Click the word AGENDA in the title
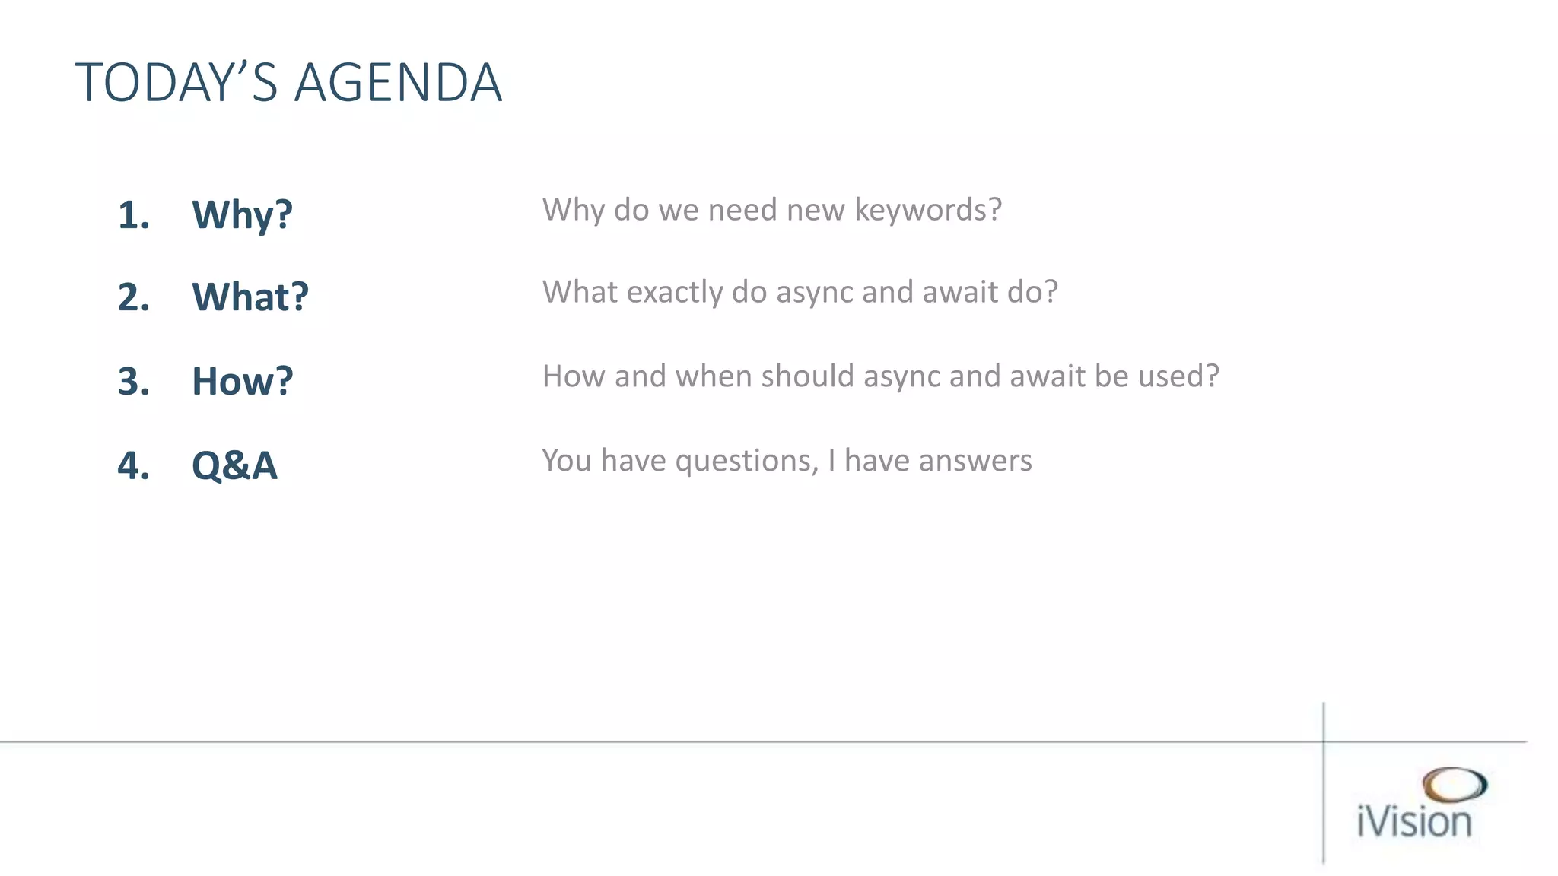(398, 83)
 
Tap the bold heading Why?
(242, 215)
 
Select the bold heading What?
(250, 297)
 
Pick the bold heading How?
(242, 381)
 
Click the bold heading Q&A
(234, 465)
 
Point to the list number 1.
(133, 215)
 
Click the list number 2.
(133, 297)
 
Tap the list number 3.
(133, 381)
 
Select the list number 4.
(133, 465)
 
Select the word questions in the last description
(746, 462)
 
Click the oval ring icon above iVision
(1454, 785)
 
